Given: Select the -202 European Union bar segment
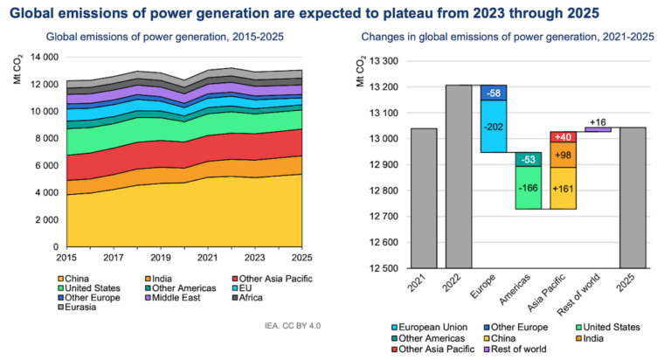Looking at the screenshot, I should [x=493, y=126].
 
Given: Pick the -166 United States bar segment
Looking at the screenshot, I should [x=527, y=187].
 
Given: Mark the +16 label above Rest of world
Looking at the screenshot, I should [x=598, y=121].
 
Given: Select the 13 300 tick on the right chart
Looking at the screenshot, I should [x=381, y=61].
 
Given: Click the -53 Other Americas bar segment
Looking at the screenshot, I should [x=527, y=158].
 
